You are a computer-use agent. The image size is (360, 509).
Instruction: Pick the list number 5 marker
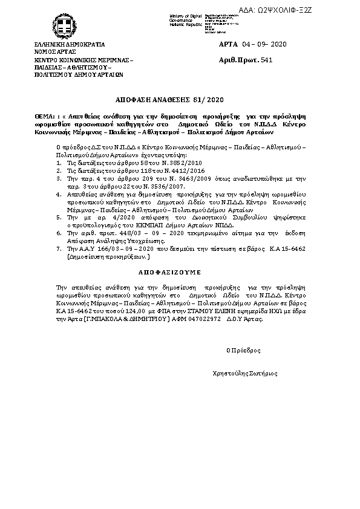pos(58,216)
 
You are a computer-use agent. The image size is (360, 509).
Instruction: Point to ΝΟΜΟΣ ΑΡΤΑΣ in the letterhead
pos(51,52)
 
